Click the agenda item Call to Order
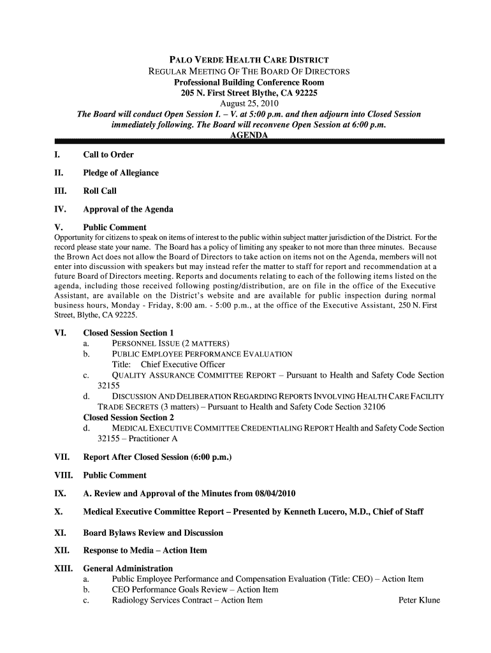(x=108, y=155)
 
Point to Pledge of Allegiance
(x=121, y=173)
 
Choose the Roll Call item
(x=100, y=191)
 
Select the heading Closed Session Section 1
(x=128, y=333)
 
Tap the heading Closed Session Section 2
(x=128, y=417)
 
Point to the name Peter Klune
(x=419, y=600)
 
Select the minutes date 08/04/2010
(x=272, y=494)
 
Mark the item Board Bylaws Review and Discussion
(x=153, y=532)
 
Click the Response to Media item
(x=145, y=550)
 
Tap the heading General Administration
(x=128, y=568)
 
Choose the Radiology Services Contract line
(x=187, y=600)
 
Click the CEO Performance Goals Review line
(x=195, y=590)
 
